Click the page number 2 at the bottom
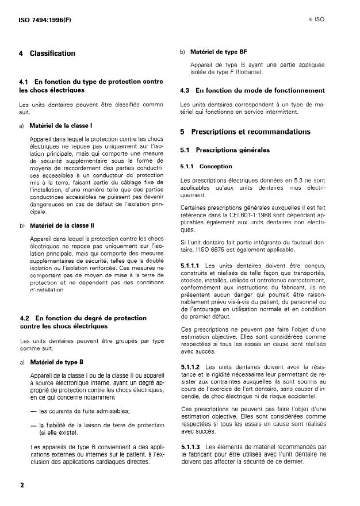point(22,485)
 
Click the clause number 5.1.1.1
point(190,264)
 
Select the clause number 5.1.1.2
point(190,366)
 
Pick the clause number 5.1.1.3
point(190,446)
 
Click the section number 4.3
point(185,90)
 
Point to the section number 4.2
point(24,317)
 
